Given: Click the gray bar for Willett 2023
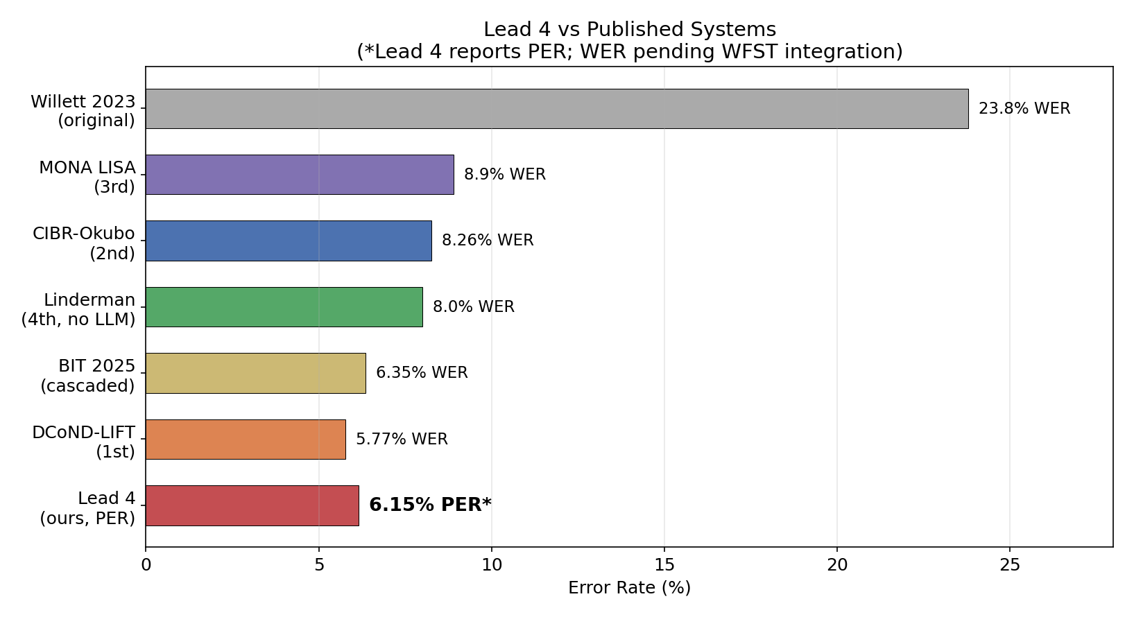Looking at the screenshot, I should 556,109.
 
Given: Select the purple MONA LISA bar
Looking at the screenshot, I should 300,175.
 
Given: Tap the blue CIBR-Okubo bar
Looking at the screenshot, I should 289,241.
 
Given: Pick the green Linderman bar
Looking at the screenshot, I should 284,307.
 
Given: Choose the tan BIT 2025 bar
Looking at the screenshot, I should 255,373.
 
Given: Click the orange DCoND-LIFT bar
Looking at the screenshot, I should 246,440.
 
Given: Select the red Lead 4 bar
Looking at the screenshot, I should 252,505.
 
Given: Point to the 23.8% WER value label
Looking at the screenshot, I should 1024,109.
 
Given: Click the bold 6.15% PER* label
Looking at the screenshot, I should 430,505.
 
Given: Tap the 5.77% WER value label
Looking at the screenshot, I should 402,440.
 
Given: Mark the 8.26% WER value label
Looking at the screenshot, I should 488,241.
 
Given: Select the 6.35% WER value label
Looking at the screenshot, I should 422,373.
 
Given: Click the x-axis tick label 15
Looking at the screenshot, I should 664,566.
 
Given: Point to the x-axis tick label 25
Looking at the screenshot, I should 1009,566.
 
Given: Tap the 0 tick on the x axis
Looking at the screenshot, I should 146,566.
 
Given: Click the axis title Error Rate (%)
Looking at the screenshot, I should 629,589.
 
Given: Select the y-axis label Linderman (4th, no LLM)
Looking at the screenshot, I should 78,310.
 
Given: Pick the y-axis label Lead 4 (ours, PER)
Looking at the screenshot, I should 87,508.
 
